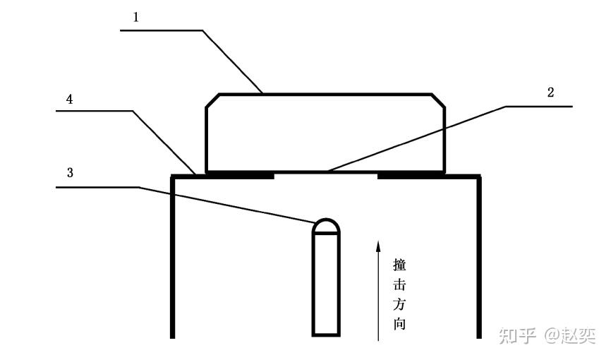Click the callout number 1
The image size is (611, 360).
point(135,17)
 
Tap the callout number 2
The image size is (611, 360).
point(550,92)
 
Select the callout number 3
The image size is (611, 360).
point(70,172)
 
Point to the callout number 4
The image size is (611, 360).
point(69,99)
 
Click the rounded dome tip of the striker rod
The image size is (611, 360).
point(326,225)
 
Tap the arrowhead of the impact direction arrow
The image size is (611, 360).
point(377,246)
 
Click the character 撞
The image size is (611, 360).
point(399,265)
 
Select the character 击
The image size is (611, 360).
point(399,284)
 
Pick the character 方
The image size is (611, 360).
point(399,304)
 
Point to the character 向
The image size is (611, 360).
point(399,324)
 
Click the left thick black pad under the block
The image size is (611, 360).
point(240,175)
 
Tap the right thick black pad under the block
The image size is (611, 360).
point(411,175)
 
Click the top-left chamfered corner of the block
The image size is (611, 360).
point(212,100)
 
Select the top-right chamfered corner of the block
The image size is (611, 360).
point(438,100)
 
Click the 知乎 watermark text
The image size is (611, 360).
point(517,336)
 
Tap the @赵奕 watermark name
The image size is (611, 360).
point(569,336)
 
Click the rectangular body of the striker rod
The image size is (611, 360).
point(326,284)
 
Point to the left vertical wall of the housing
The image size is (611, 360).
point(173,257)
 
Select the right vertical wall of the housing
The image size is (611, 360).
point(479,257)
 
